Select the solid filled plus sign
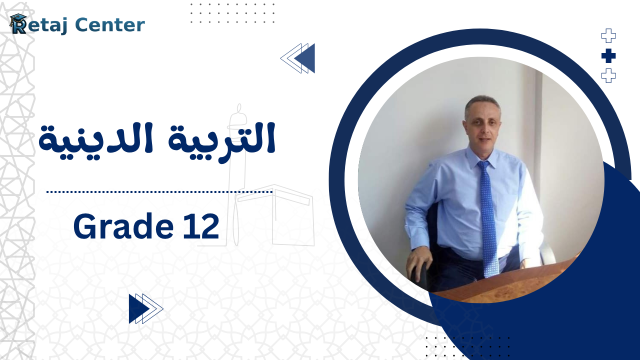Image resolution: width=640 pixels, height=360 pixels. point(608,56)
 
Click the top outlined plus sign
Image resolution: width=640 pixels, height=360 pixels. point(608,36)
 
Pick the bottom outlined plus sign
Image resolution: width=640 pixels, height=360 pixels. point(608,76)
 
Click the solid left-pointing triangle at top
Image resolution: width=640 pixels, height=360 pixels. point(305,58)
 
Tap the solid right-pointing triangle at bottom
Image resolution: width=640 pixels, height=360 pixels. point(138,308)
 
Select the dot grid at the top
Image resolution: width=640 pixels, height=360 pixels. point(232,13)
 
